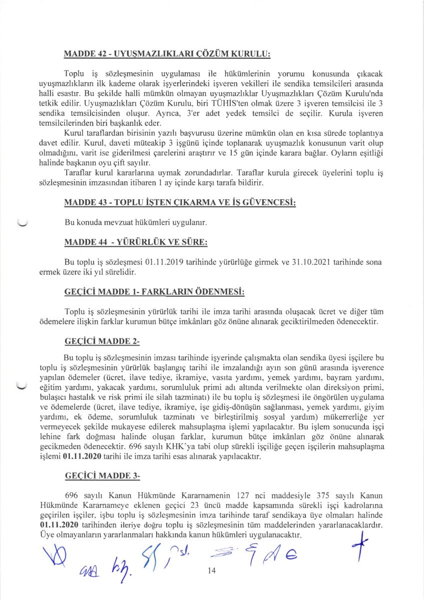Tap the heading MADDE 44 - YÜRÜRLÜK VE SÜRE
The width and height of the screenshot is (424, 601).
click(136, 242)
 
